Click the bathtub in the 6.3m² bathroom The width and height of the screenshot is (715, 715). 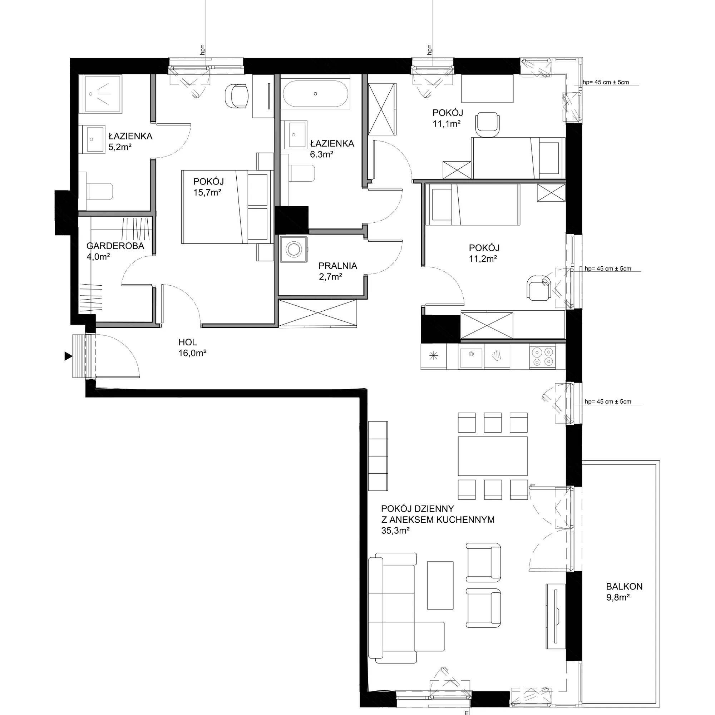click(x=315, y=94)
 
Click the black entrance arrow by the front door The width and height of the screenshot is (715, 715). click(x=68, y=356)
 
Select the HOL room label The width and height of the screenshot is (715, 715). click(x=188, y=342)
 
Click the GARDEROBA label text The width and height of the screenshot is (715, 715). click(x=115, y=246)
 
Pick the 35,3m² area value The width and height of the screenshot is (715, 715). click(x=395, y=530)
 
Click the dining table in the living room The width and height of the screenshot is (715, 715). click(x=493, y=456)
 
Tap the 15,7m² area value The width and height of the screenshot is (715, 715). click(x=207, y=192)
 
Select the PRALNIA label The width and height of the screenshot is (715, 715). click(x=337, y=266)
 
